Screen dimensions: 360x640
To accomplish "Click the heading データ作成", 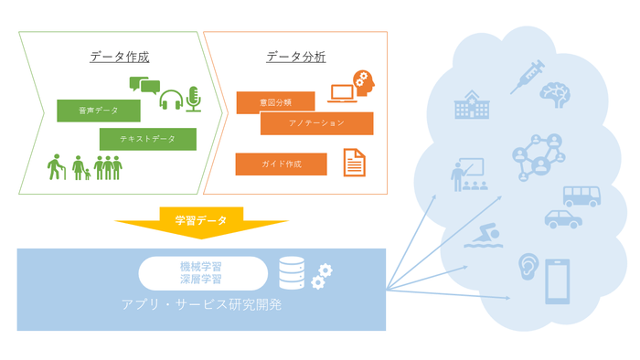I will pos(119,57).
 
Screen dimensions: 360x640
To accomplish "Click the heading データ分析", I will pos(295,57).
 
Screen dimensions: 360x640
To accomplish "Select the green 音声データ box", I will pos(99,111).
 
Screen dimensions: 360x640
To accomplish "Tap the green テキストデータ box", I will pos(148,139).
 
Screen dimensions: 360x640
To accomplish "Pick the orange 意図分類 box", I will pos(275,102).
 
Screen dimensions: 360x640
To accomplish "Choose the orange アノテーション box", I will pos(316,123).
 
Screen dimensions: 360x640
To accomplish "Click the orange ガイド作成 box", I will pos(281,164).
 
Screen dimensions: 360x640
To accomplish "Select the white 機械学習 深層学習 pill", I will pos(201,271).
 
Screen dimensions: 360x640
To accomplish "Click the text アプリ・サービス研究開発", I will pos(201,303).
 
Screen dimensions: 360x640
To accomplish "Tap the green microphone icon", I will pos(193,99).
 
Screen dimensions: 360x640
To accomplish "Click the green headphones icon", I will pos(171,99).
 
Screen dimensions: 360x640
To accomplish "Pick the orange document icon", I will pos(355,163).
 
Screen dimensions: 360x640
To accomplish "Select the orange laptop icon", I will pos(342,93).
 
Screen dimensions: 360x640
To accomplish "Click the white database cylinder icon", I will pos(291,272).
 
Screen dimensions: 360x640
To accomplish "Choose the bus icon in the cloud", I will pos(581,196).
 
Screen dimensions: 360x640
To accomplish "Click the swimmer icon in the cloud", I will pos(482,237).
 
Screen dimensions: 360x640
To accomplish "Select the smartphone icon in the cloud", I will pos(559,281).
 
